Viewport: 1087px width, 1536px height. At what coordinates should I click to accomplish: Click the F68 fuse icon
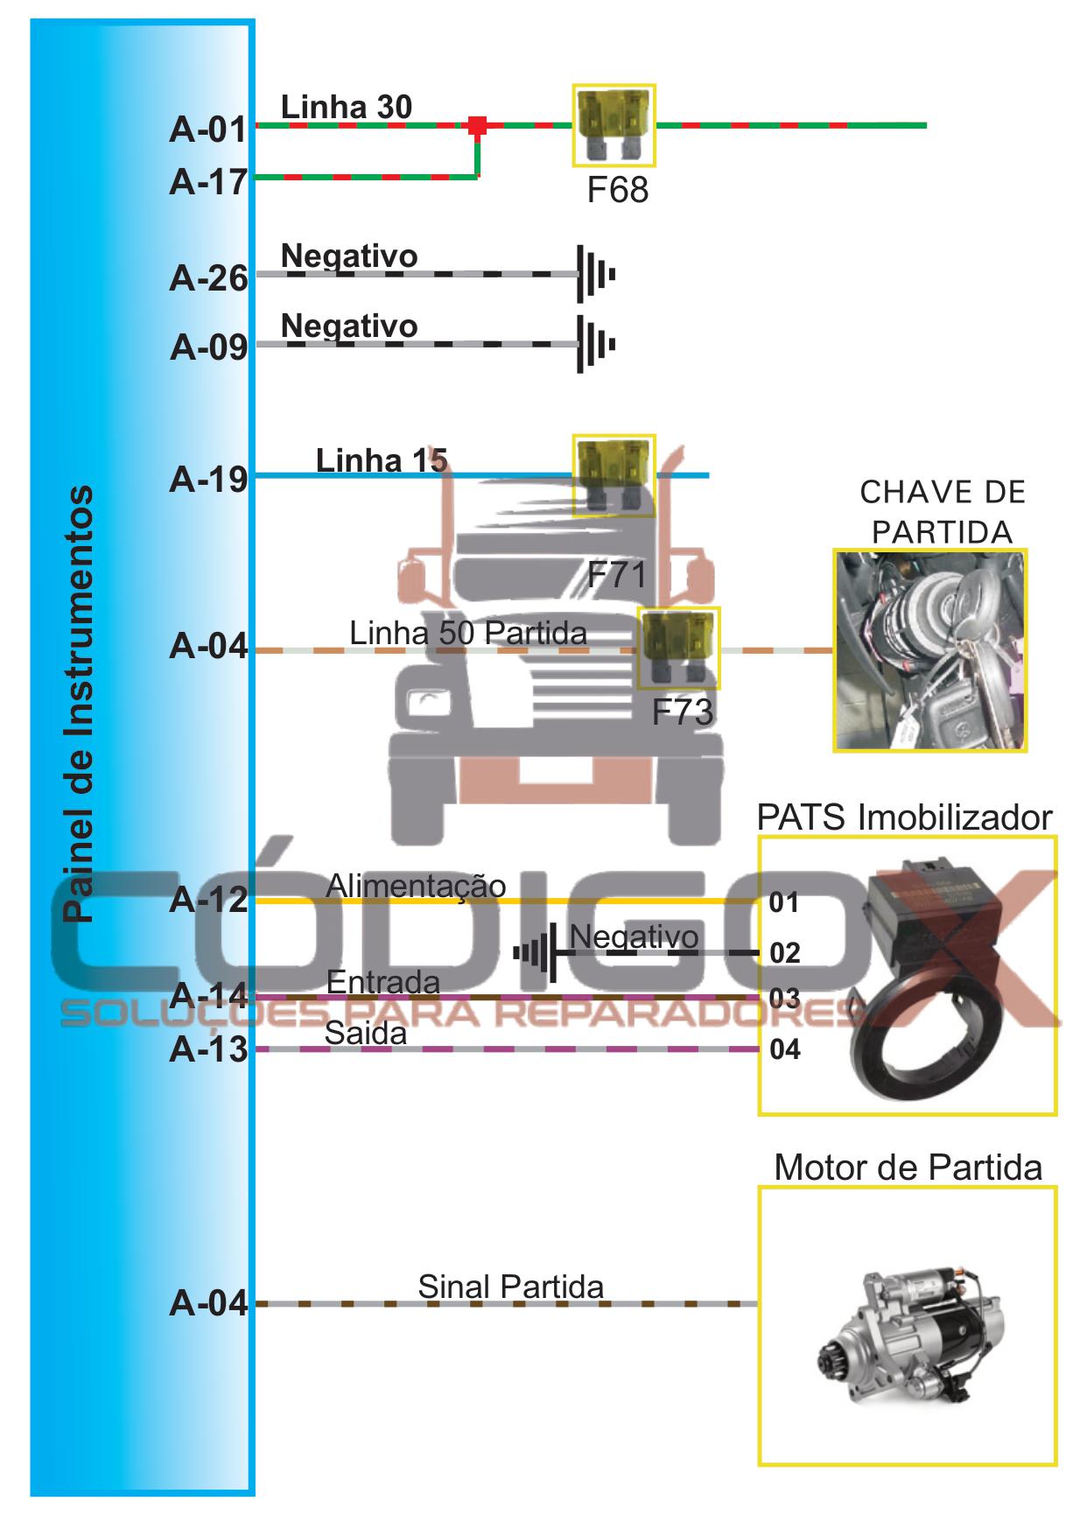(x=614, y=125)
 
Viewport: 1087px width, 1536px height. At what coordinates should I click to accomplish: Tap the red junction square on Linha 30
(x=477, y=125)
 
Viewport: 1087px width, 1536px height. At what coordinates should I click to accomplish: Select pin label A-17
(x=208, y=182)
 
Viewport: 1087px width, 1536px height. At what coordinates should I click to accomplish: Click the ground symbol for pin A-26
(x=595, y=274)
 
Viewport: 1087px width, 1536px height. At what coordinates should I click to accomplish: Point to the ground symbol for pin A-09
(x=595, y=345)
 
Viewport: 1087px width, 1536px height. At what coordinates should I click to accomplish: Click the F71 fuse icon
(x=614, y=475)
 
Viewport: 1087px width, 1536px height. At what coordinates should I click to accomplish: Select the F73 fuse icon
(x=678, y=648)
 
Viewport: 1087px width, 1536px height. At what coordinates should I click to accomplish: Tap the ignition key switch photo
(x=929, y=650)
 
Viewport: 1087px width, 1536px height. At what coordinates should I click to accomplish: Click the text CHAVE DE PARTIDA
(x=942, y=512)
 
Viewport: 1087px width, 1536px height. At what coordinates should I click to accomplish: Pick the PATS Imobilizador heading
(x=904, y=817)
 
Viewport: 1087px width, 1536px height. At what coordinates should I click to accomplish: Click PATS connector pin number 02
(x=785, y=952)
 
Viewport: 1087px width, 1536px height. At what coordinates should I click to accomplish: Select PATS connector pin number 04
(x=785, y=1049)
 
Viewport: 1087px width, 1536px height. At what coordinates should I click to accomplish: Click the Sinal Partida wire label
(x=510, y=1287)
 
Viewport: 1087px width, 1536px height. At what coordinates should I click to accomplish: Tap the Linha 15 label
(x=382, y=459)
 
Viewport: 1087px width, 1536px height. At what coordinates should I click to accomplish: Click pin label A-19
(x=208, y=479)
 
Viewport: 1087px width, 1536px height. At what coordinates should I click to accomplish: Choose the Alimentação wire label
(x=416, y=886)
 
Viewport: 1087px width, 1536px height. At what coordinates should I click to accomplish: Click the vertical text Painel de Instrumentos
(x=79, y=704)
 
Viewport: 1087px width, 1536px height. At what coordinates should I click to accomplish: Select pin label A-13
(x=208, y=1049)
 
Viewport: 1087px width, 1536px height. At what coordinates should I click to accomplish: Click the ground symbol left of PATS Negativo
(x=536, y=952)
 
